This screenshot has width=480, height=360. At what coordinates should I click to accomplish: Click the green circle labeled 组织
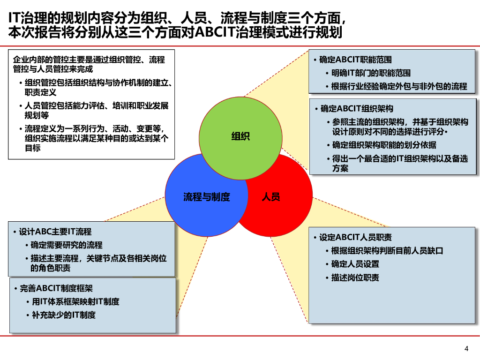[x=240, y=137]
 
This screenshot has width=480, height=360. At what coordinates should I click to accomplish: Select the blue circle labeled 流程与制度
[x=206, y=197]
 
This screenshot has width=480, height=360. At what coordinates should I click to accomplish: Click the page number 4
[x=466, y=348]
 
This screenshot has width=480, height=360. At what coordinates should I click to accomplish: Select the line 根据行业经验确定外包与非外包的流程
[x=399, y=86]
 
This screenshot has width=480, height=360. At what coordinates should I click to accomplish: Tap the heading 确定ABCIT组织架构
[x=357, y=109]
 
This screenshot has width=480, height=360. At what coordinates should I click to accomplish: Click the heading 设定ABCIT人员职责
[x=355, y=237]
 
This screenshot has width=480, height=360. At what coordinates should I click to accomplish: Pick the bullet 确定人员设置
[x=355, y=264]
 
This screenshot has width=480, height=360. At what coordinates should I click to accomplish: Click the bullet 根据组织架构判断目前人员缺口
[x=387, y=251]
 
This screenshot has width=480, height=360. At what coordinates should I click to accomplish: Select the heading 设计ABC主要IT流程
[x=55, y=232]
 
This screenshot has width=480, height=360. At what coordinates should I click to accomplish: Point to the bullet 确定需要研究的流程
[x=66, y=245]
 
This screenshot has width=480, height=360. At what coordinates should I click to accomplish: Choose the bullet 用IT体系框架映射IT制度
[x=75, y=302]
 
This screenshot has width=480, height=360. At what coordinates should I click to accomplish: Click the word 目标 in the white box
[x=33, y=148]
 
